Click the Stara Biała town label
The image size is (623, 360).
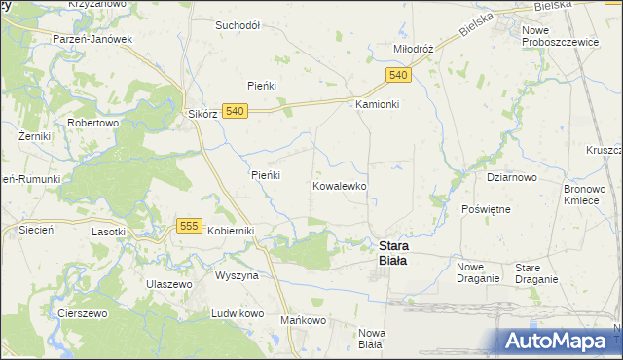[393, 253]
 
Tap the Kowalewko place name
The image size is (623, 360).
[340, 185]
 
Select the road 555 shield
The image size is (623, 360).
[190, 226]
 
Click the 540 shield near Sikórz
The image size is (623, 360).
[233, 112]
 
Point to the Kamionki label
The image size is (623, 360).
[378, 104]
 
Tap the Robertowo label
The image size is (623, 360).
[92, 124]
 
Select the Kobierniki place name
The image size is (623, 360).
[231, 230]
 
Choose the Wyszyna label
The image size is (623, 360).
[237, 275]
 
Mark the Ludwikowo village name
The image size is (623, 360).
[238, 313]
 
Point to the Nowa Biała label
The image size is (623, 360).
[371, 339]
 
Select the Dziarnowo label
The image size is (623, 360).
[512, 178]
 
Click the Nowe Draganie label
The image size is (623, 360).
[478, 272]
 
